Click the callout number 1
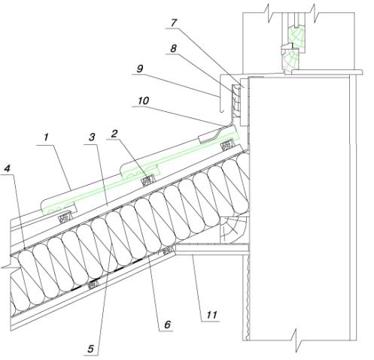(46, 138)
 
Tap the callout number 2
(114, 134)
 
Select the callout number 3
(92, 137)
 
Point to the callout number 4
(7, 168)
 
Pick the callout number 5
(91, 349)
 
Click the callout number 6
(167, 325)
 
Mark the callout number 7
(174, 23)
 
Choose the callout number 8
(173, 48)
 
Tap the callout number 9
(140, 68)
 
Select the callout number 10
(143, 101)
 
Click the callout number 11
(211, 314)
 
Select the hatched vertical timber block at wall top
(236, 100)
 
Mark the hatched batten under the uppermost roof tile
(227, 145)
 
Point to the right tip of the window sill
(362, 72)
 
